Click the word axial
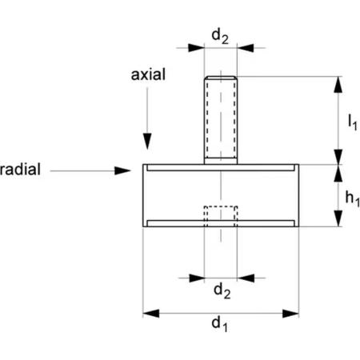tap(148, 74)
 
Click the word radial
tap(20, 169)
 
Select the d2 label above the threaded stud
tap(220, 36)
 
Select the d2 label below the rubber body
tap(222, 290)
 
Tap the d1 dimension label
tap(220, 324)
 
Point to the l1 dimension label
tap(353, 122)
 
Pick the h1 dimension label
tap(352, 198)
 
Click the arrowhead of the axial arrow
tap(147, 141)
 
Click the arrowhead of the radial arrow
tap(122, 170)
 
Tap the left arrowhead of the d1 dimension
tap(151, 314)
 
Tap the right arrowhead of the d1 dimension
tap(290, 314)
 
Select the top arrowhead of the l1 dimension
tap(338, 85)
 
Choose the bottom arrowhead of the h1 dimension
tap(338, 218)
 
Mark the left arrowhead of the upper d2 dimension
tap(196, 48)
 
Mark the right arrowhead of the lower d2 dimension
tap(246, 278)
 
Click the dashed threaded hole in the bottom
tap(221, 216)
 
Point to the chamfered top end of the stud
tap(221, 78)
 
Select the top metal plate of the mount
tap(221, 167)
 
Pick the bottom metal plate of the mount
tap(221, 223)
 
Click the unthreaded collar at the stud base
tap(221, 161)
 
